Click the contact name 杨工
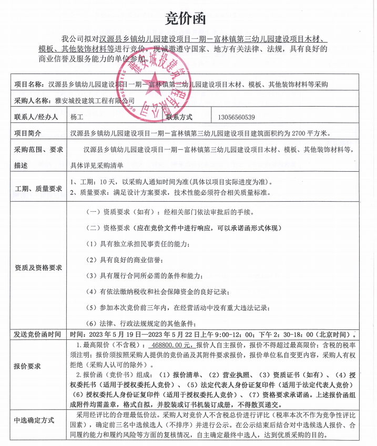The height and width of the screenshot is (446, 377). click(77, 117)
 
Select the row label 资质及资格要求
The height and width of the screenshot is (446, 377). click(38, 267)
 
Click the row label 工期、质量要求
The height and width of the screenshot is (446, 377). click(38, 188)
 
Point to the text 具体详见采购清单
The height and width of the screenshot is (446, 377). click(97, 165)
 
